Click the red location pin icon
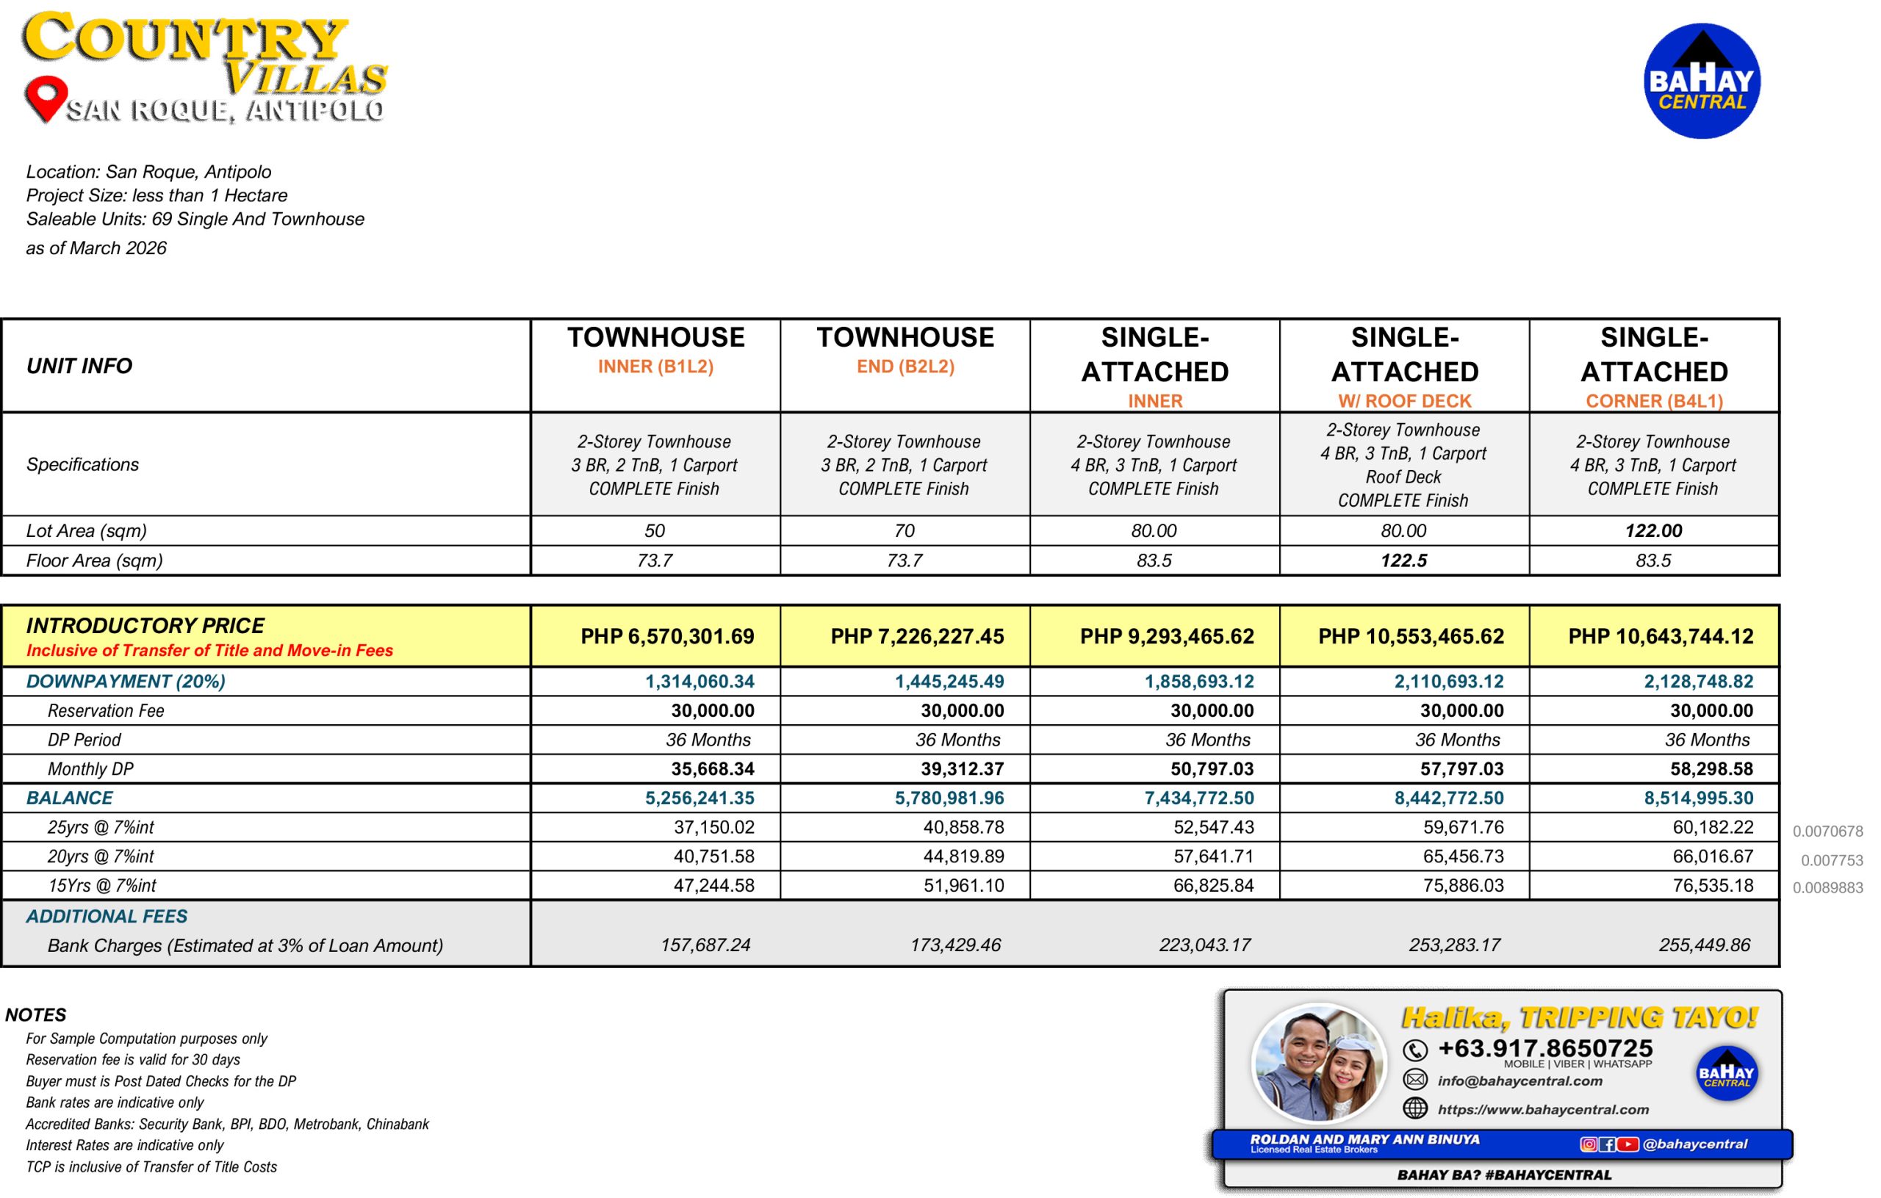pos(46,97)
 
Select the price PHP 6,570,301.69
pos(667,637)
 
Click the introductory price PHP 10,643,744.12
pos(1660,637)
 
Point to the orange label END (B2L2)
pos(905,367)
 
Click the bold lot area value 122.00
pos(1653,531)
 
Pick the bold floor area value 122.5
pos(1403,560)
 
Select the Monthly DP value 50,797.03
pos(1212,769)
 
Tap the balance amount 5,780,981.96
pos(949,798)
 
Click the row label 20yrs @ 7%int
pos(101,856)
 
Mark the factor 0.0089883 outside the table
pos(1827,888)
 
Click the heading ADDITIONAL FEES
pos(107,916)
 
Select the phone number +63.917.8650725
pos(1545,1048)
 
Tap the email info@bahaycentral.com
pos(1519,1082)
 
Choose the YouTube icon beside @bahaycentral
pos(1627,1144)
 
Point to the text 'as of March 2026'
pos(96,248)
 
